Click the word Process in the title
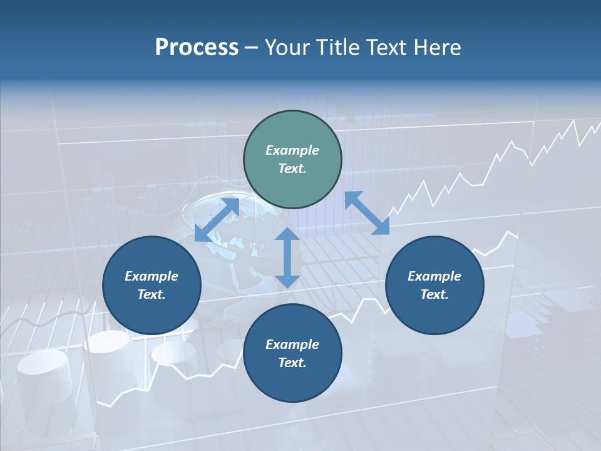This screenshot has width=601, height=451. [x=197, y=48]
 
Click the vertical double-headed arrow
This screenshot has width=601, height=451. [x=287, y=257]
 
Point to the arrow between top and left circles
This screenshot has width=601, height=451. [x=217, y=219]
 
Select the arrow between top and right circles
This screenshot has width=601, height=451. [x=367, y=213]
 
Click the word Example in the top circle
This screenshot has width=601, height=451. [x=292, y=150]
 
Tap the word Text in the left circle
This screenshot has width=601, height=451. [x=152, y=294]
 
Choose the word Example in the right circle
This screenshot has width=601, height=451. [x=434, y=276]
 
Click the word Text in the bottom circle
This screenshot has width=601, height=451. [x=292, y=363]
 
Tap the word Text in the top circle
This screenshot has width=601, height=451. [x=292, y=168]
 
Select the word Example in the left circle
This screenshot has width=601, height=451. [x=152, y=276]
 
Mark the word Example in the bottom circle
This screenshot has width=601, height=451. [x=292, y=345]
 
